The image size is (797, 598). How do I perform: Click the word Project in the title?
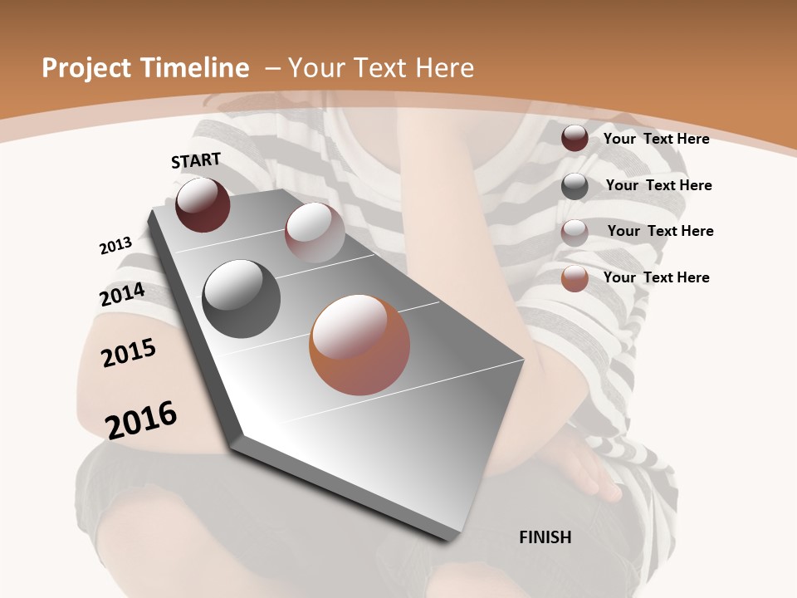point(86,68)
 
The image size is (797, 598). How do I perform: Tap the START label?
point(196,160)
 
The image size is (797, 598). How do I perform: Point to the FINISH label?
point(545,537)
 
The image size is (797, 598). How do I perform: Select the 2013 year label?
point(115,246)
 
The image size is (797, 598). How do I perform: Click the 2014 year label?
point(122,295)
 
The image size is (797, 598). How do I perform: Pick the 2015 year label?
point(129,353)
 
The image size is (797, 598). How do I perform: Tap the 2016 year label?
point(141,419)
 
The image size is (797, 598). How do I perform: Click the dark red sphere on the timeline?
point(203,205)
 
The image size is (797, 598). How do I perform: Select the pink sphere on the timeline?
point(315,233)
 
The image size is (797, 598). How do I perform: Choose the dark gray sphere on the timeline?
point(242,299)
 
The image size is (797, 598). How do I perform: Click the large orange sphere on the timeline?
point(359,345)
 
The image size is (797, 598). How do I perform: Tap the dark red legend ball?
point(575,138)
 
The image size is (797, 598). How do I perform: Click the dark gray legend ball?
point(575,186)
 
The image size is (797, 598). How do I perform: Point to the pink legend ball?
point(575,233)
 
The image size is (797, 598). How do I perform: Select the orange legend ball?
point(575,278)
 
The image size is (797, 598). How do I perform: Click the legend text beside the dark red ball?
point(656,139)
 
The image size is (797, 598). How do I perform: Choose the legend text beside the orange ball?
point(656,277)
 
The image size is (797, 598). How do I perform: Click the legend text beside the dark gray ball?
point(658,185)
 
